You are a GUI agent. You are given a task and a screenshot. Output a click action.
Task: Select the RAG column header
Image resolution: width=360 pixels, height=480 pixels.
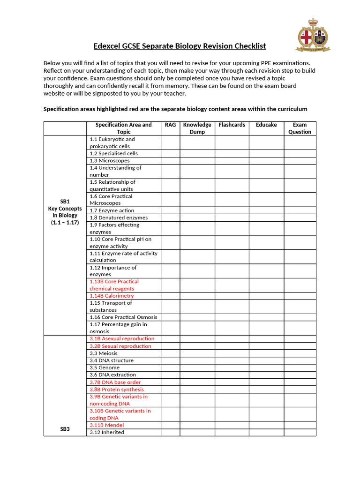[x=170, y=125]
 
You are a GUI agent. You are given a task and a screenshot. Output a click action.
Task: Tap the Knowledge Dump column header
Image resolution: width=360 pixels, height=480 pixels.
[x=197, y=128]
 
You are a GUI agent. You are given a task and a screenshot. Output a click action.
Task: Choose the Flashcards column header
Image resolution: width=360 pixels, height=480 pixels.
[x=232, y=125]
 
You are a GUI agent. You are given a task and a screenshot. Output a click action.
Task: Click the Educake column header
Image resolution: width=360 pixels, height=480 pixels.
[x=266, y=125]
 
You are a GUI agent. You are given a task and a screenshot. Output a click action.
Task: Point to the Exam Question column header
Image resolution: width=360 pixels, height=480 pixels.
[x=300, y=128]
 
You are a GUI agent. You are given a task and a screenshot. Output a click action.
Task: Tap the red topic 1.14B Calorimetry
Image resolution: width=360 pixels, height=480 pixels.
[x=112, y=296]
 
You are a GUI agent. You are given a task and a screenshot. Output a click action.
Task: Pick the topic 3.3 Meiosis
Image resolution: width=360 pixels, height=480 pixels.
[x=104, y=353]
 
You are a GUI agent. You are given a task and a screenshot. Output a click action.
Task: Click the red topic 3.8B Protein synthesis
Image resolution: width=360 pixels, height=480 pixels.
[x=117, y=389]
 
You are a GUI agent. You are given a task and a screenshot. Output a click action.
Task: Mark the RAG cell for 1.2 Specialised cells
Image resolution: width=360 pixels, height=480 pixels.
[x=170, y=153]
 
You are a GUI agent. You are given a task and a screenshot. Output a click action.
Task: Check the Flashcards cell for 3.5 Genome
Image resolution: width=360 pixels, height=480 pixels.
[x=232, y=367]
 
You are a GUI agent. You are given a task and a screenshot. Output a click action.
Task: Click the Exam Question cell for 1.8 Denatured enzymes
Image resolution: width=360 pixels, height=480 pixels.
[x=300, y=217]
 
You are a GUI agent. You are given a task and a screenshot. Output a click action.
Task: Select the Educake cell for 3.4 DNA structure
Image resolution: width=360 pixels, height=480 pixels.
[x=266, y=360]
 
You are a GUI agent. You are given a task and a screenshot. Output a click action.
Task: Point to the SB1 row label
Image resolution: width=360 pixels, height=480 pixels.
[x=65, y=201]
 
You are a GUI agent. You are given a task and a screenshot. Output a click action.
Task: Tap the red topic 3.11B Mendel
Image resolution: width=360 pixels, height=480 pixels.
[x=107, y=425]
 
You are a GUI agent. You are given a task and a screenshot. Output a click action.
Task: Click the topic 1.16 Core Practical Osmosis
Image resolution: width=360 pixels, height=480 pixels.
[x=123, y=317]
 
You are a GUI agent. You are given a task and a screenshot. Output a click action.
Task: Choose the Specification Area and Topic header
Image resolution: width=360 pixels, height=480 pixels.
[x=124, y=128]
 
